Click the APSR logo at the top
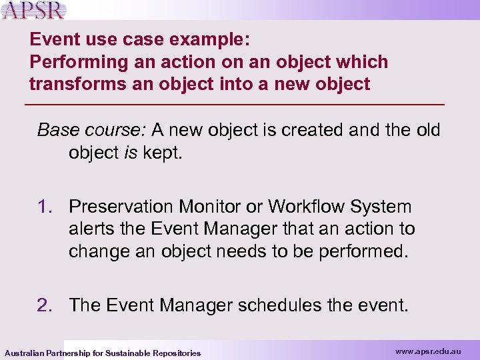[x=34, y=10]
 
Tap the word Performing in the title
[x=69, y=62]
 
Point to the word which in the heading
[x=363, y=62]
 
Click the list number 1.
[x=46, y=207]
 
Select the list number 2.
[x=46, y=305]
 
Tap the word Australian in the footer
[x=25, y=353]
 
